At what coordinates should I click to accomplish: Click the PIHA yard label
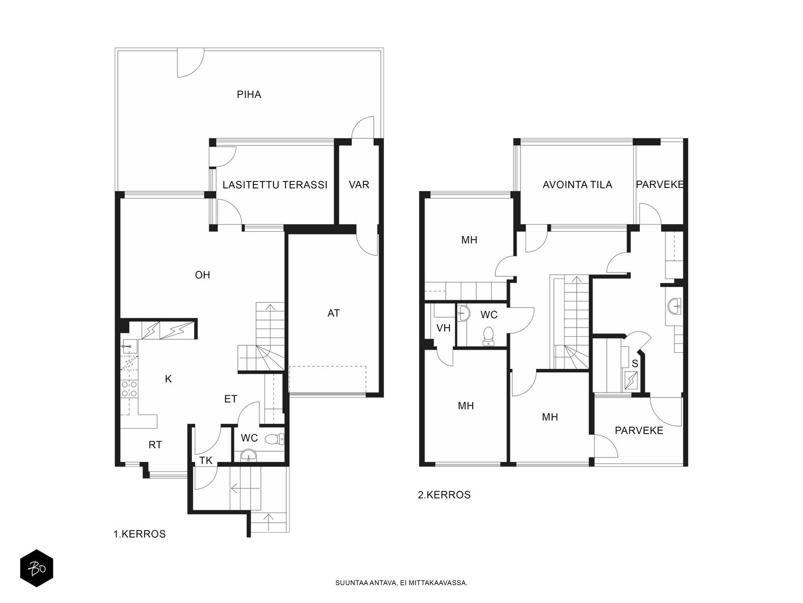coord(249,94)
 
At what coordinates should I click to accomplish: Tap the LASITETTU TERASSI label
coord(275,184)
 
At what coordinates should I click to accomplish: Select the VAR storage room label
coord(359,184)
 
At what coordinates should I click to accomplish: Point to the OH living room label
coord(202,274)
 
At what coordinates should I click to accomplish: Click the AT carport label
coord(333,313)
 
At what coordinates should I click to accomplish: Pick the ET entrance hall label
coord(230,398)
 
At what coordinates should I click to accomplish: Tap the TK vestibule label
coord(206,460)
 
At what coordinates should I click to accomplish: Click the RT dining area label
coord(155,445)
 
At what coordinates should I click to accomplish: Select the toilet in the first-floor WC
coord(274,439)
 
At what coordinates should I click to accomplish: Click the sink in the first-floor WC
coord(249,456)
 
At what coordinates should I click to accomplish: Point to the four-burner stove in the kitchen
coord(129,389)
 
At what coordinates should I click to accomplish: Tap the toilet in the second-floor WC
coord(488,336)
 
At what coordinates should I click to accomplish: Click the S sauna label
coord(635,363)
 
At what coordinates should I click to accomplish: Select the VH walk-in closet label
coord(443,328)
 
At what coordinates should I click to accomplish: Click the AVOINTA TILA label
coord(577,184)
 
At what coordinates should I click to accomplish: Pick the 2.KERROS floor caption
coord(444,494)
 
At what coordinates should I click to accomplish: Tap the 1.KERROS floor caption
coord(140,534)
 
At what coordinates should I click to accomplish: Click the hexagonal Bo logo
coord(37,569)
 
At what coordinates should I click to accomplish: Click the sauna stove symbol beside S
coord(632,380)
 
